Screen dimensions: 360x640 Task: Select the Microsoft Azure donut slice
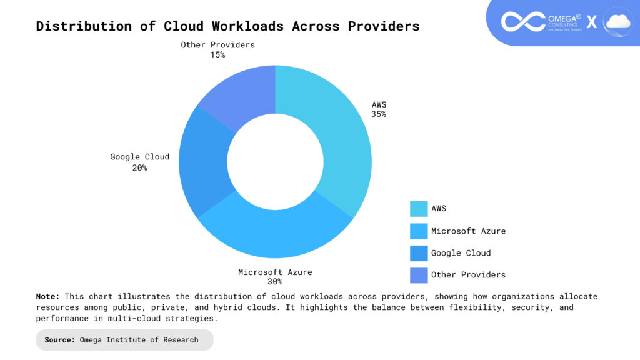click(275, 234)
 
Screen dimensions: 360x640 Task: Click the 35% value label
click(378, 114)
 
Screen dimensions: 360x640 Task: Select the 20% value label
click(139, 167)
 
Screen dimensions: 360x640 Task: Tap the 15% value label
click(217, 54)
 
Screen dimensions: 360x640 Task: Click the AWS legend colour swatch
click(418, 209)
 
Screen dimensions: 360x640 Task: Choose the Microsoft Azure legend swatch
click(418, 231)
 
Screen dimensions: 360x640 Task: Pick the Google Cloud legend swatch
click(418, 252)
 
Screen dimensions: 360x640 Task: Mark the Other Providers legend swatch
click(418, 274)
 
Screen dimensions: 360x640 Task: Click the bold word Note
click(47, 296)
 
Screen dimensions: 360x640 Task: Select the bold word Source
click(60, 340)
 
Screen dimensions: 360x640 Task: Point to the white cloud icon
click(617, 22)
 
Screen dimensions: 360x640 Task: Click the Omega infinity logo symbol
click(523, 22)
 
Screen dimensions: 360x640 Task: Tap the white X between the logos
click(591, 22)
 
